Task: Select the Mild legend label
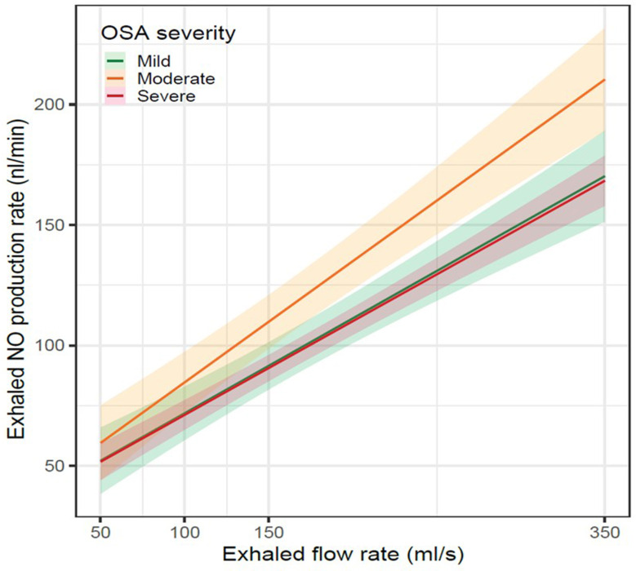pyautogui.click(x=154, y=60)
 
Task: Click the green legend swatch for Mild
pyautogui.click(x=115, y=60)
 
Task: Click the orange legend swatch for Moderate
pyautogui.click(x=115, y=78)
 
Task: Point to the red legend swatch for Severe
pyautogui.click(x=115, y=96)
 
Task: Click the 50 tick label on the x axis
pyautogui.click(x=100, y=531)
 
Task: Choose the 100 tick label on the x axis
pyautogui.click(x=184, y=531)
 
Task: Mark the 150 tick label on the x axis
pyautogui.click(x=269, y=531)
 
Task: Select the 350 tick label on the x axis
pyautogui.click(x=604, y=531)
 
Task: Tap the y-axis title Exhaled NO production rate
pyautogui.click(x=18, y=273)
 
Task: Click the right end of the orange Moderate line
pyautogui.click(x=604, y=80)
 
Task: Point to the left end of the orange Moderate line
pyautogui.click(x=100, y=443)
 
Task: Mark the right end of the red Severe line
pyautogui.click(x=604, y=181)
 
